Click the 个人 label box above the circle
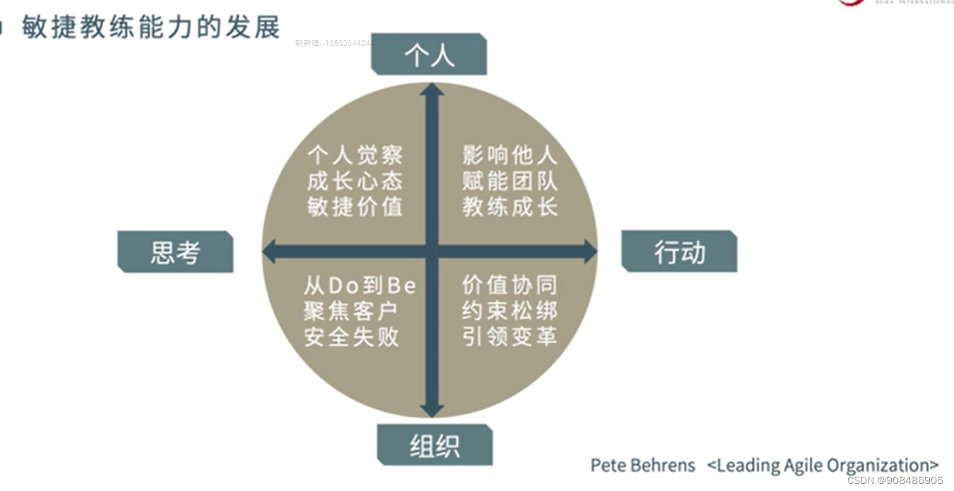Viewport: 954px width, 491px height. pos(429,54)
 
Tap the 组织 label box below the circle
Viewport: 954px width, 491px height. pos(435,445)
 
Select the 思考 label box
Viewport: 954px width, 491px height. pos(175,252)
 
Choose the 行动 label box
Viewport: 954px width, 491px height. pos(679,252)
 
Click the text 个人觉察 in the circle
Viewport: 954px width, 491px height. pos(355,155)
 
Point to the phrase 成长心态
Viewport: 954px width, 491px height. pos(355,181)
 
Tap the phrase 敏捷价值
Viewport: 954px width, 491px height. pos(355,206)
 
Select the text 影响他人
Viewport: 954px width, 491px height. pos(510,155)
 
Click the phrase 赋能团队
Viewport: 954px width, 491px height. pos(510,181)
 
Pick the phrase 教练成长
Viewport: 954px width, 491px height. pos(510,206)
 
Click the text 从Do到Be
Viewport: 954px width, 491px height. pos(360,285)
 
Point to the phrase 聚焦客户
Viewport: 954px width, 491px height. pos(351,311)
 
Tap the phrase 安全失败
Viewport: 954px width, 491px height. pos(351,336)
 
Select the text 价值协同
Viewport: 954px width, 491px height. pos(510,285)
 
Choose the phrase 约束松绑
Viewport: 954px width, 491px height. pos(510,310)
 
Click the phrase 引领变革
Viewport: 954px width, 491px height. pos(510,336)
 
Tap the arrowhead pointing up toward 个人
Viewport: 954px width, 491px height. pos(432,90)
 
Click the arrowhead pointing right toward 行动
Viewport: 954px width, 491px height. pos(589,251)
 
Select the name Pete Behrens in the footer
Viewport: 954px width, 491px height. pos(642,466)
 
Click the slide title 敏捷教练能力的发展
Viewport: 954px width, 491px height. pos(151,27)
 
